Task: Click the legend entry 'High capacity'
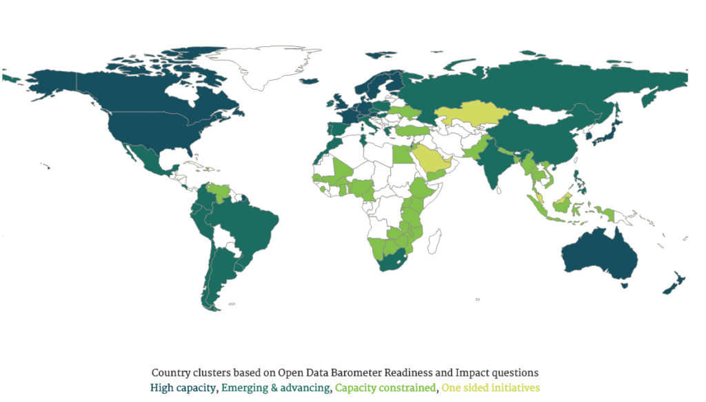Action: (183, 388)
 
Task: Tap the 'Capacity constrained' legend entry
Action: (385, 388)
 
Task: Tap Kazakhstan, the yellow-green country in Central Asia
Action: (469, 114)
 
